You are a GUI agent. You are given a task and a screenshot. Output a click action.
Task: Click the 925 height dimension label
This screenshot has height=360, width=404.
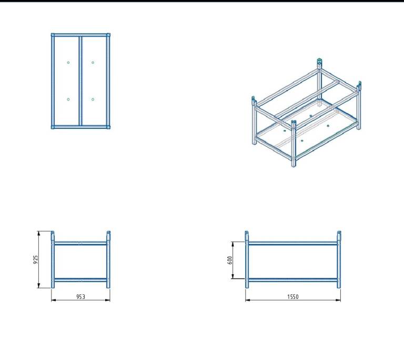(36, 259)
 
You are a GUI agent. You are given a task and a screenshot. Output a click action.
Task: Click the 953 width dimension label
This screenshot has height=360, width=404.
(80, 296)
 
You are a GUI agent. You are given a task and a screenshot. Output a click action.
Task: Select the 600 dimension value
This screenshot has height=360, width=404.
(230, 260)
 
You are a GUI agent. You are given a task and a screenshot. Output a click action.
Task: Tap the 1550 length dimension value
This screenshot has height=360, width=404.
(293, 296)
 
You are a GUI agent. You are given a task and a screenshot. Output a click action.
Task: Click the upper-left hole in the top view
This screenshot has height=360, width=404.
(68, 63)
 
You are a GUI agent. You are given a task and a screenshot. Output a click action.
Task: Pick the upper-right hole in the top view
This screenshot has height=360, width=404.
(93, 63)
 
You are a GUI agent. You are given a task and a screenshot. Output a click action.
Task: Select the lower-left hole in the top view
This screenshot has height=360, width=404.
(68, 99)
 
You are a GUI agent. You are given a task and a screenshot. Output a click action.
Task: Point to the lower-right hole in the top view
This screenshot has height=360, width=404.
(93, 99)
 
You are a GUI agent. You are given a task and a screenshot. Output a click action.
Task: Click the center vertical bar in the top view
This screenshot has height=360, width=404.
(80, 81)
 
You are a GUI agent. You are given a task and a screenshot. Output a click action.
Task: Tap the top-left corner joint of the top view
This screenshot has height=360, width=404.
(53, 35)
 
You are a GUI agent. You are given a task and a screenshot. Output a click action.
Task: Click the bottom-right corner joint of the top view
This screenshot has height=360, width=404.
(108, 127)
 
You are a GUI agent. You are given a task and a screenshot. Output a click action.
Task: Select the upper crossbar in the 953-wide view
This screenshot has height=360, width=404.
(80, 243)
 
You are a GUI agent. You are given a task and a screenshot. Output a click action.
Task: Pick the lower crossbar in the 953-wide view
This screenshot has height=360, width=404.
(80, 280)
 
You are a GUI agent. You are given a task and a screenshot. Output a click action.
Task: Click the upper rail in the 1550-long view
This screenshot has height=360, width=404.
(293, 243)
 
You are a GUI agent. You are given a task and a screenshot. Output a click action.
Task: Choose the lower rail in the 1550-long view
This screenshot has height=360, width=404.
(293, 280)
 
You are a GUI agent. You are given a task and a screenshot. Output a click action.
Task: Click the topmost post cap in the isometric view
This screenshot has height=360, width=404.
(319, 62)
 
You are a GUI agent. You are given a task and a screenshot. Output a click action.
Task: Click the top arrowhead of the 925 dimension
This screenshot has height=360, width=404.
(39, 233)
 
